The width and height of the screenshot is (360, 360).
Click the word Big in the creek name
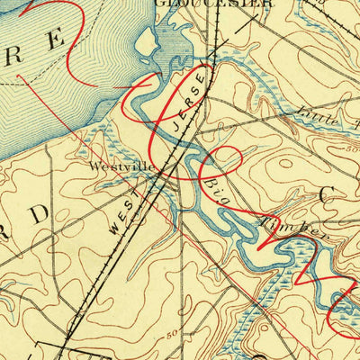point(216,190)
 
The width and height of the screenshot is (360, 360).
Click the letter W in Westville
point(94,166)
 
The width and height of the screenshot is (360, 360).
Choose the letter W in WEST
point(112,230)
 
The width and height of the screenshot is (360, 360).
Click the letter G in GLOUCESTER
point(159,3)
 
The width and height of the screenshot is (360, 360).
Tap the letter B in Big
point(210,181)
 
